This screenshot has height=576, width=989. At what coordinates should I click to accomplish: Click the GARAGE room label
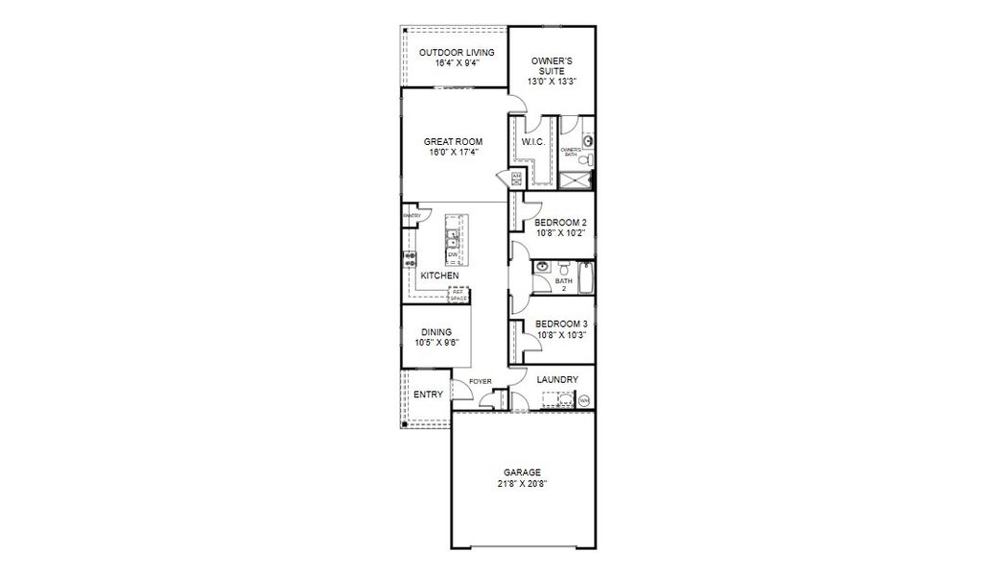pos(523,472)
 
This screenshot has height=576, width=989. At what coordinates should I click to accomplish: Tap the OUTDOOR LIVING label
pos(457,52)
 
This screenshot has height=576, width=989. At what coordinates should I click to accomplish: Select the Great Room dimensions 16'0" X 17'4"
pos(453,152)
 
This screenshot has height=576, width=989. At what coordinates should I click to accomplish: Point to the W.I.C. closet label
pos(532,143)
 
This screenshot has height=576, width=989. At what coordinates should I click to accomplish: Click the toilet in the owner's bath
pos(588,141)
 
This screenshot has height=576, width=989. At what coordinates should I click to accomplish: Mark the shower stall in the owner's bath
pos(577,178)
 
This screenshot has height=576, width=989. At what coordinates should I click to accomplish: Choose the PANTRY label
pos(412,216)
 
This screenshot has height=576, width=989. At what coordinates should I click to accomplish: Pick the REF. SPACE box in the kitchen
pos(459,295)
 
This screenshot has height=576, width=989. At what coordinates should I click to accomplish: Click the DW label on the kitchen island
pos(452,254)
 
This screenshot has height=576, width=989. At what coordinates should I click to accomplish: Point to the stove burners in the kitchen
pos(410,259)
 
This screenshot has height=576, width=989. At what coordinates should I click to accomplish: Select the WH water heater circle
pos(583,400)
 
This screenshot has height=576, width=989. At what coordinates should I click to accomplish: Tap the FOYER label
pos(481,381)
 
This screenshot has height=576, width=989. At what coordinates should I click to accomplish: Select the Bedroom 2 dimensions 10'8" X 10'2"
pos(560,232)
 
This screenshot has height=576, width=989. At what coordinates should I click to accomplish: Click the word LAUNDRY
pos(557,379)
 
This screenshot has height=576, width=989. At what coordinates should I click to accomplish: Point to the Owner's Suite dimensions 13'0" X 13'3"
pos(553,82)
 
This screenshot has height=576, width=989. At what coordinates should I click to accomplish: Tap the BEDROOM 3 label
pos(560,324)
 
